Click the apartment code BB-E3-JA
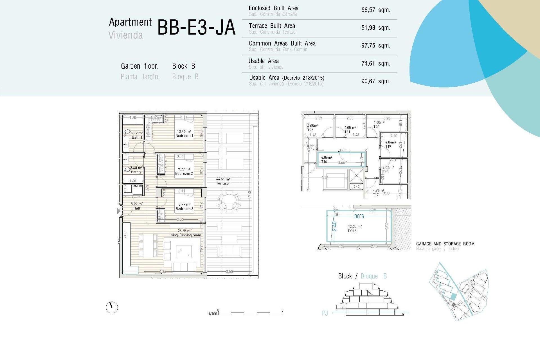point(196,28)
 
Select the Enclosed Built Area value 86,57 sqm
point(375,10)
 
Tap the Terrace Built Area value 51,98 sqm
point(375,28)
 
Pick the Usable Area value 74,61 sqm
point(375,64)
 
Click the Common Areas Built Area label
point(282,44)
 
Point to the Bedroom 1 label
point(184,136)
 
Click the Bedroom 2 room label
point(184,174)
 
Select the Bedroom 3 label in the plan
point(184,209)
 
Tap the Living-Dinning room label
point(184,235)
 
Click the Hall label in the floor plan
point(137,208)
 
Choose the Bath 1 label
point(137,138)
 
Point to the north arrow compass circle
point(112,307)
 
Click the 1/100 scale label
point(213,314)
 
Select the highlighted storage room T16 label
point(324,162)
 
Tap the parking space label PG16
point(352,231)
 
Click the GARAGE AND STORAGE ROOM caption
point(445,244)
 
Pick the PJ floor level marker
point(325,313)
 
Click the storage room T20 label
point(376,127)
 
